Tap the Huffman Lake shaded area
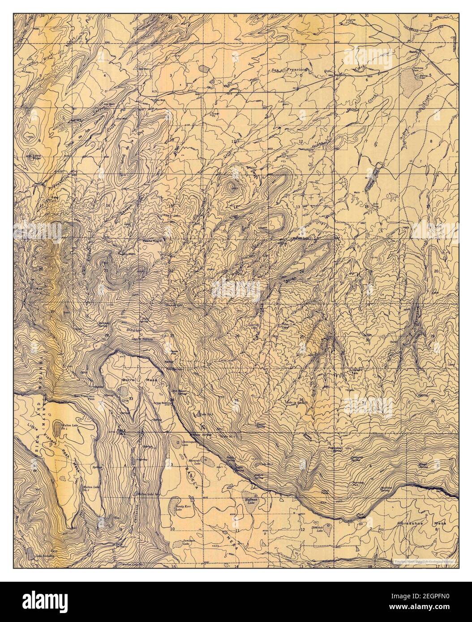[249, 497]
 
